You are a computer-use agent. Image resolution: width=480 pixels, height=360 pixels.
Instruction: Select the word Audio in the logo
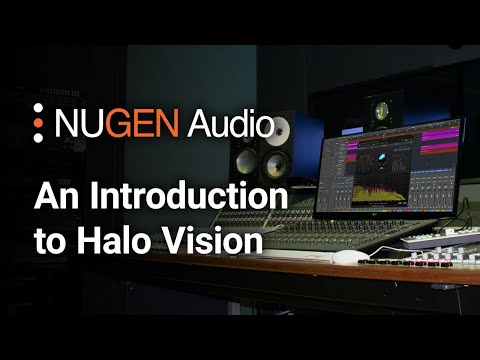pos(228,124)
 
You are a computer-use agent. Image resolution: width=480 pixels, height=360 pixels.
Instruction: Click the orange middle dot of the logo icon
pos(38,124)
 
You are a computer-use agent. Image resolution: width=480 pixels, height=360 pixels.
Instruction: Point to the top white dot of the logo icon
pos(38,109)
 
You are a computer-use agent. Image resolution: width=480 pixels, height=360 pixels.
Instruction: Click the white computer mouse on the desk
pos(346,258)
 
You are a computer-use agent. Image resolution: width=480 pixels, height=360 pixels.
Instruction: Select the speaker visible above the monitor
pos(381,110)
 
